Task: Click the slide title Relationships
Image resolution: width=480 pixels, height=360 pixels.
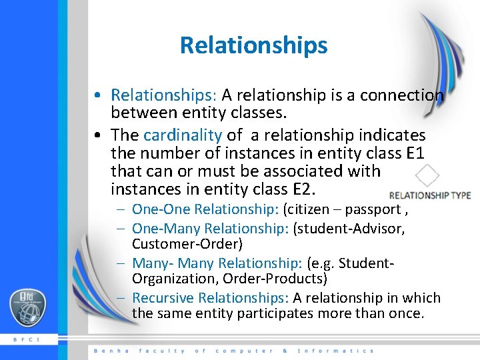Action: point(253,45)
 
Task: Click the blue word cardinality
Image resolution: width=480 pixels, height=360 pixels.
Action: point(182,135)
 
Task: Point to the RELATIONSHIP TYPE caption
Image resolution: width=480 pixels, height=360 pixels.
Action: point(429,195)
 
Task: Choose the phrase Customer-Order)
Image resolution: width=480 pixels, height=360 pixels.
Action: point(187,244)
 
